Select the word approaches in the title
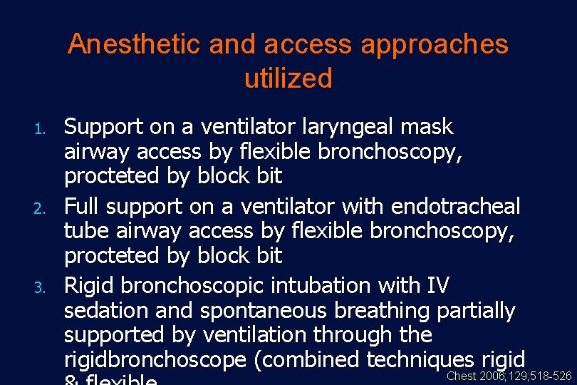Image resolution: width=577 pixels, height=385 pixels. [435, 44]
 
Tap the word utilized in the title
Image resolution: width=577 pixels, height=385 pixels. [288, 78]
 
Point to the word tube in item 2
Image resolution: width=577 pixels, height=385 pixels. [88, 231]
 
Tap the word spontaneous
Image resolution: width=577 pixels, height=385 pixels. [251, 310]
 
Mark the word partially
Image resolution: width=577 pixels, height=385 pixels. [473, 310]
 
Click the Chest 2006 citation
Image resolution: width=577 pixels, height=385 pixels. [509, 376]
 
